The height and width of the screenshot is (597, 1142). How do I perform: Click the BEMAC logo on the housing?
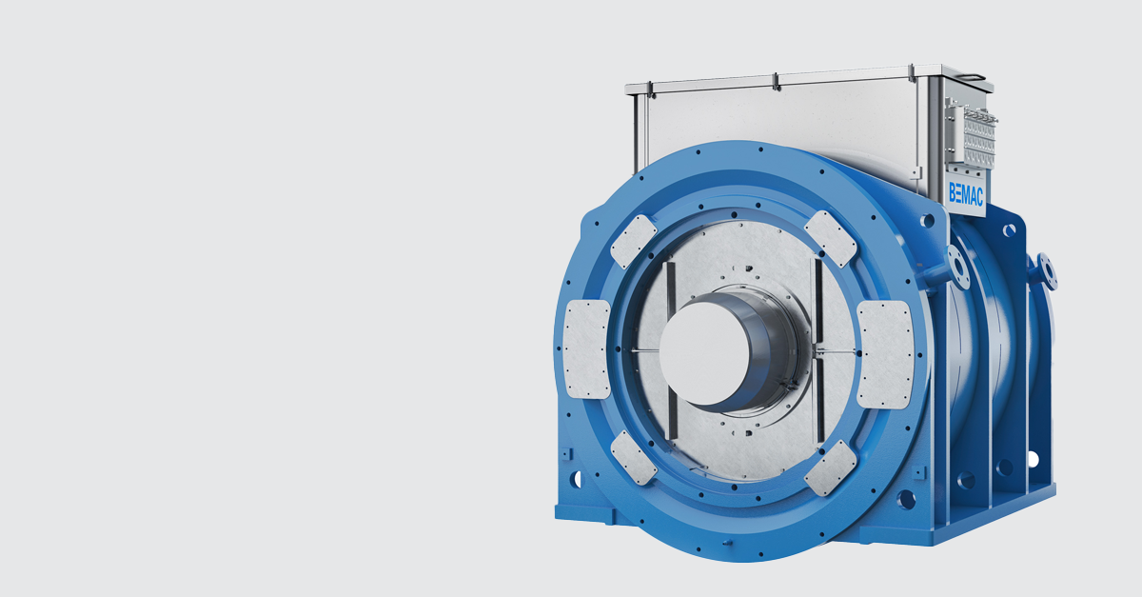tap(966, 193)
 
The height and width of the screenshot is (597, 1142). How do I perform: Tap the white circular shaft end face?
tap(704, 353)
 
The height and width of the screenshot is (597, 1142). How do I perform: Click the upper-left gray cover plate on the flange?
tap(633, 241)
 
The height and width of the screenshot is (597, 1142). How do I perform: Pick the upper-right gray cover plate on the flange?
tap(830, 239)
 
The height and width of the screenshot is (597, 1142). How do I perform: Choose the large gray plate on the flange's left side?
tap(587, 349)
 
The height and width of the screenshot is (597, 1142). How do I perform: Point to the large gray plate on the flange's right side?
tap(884, 354)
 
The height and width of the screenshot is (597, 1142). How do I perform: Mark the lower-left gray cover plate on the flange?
tap(633, 458)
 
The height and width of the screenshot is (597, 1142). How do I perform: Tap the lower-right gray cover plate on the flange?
tap(831, 468)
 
